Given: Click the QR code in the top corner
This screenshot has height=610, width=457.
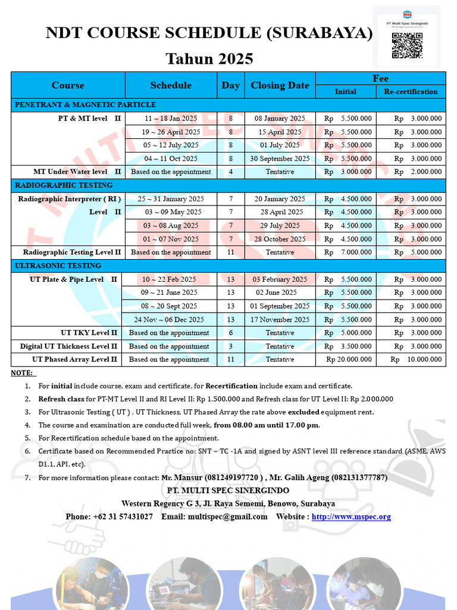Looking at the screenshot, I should coord(407,45).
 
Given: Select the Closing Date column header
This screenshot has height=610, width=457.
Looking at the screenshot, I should coord(280,85).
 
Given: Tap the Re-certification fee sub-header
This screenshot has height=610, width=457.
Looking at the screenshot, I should coord(411,92).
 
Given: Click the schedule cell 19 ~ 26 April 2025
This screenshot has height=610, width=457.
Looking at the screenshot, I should coord(171,132).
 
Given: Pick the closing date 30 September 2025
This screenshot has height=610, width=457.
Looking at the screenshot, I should coord(280,158).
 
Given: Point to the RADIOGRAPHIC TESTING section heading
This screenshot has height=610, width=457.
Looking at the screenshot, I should coord(64,185).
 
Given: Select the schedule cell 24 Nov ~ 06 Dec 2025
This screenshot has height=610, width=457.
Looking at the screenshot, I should coord(170,319).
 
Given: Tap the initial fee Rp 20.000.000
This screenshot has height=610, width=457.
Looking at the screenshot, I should coord(349,359).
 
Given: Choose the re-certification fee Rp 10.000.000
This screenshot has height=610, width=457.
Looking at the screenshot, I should coord(416,359).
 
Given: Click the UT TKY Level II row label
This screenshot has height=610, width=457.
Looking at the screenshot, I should coord(89,332).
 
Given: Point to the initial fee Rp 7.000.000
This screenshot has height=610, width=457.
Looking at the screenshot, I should coord(348,252).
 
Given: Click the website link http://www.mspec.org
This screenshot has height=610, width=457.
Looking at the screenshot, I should coord(351,516).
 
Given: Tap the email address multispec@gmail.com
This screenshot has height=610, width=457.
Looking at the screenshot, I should coord(228,516).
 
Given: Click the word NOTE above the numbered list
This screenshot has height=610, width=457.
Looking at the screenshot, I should coord(23,373).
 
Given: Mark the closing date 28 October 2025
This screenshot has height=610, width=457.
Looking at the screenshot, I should coord(280,239).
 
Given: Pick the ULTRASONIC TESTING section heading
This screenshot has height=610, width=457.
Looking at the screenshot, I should coord(58,266).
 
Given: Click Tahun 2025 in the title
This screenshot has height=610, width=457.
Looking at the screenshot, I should coord(209,58).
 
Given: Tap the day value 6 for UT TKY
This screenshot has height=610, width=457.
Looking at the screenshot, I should coord(230,332).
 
